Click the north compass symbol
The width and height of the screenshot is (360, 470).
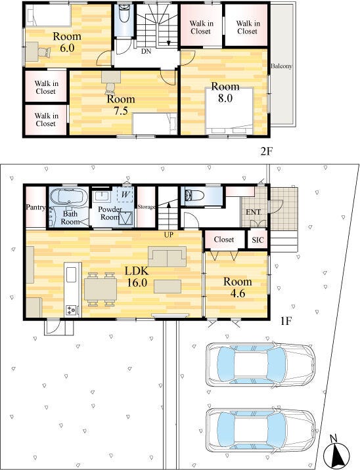point(338,450)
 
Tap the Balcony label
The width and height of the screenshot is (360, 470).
point(281,66)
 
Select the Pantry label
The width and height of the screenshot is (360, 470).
point(35,207)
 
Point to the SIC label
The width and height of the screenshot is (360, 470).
point(258,240)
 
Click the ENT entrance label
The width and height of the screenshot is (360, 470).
point(253,212)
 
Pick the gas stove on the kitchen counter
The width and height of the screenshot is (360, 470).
point(72,310)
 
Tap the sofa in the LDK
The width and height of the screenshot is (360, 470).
point(167,257)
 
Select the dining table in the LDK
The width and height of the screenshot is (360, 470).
point(101,289)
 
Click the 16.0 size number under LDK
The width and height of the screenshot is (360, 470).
point(137,283)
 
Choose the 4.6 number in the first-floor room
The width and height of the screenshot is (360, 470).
point(238,293)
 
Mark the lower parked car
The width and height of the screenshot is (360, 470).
point(260,430)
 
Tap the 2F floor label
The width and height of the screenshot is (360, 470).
point(266,152)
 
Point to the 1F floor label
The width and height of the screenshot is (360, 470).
point(286,322)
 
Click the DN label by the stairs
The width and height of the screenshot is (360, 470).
point(146,51)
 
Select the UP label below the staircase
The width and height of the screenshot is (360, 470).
point(169,235)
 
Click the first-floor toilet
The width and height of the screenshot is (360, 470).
point(194,196)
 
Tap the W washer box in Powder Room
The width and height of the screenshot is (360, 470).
point(125,195)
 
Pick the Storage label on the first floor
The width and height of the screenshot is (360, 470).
point(146,207)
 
